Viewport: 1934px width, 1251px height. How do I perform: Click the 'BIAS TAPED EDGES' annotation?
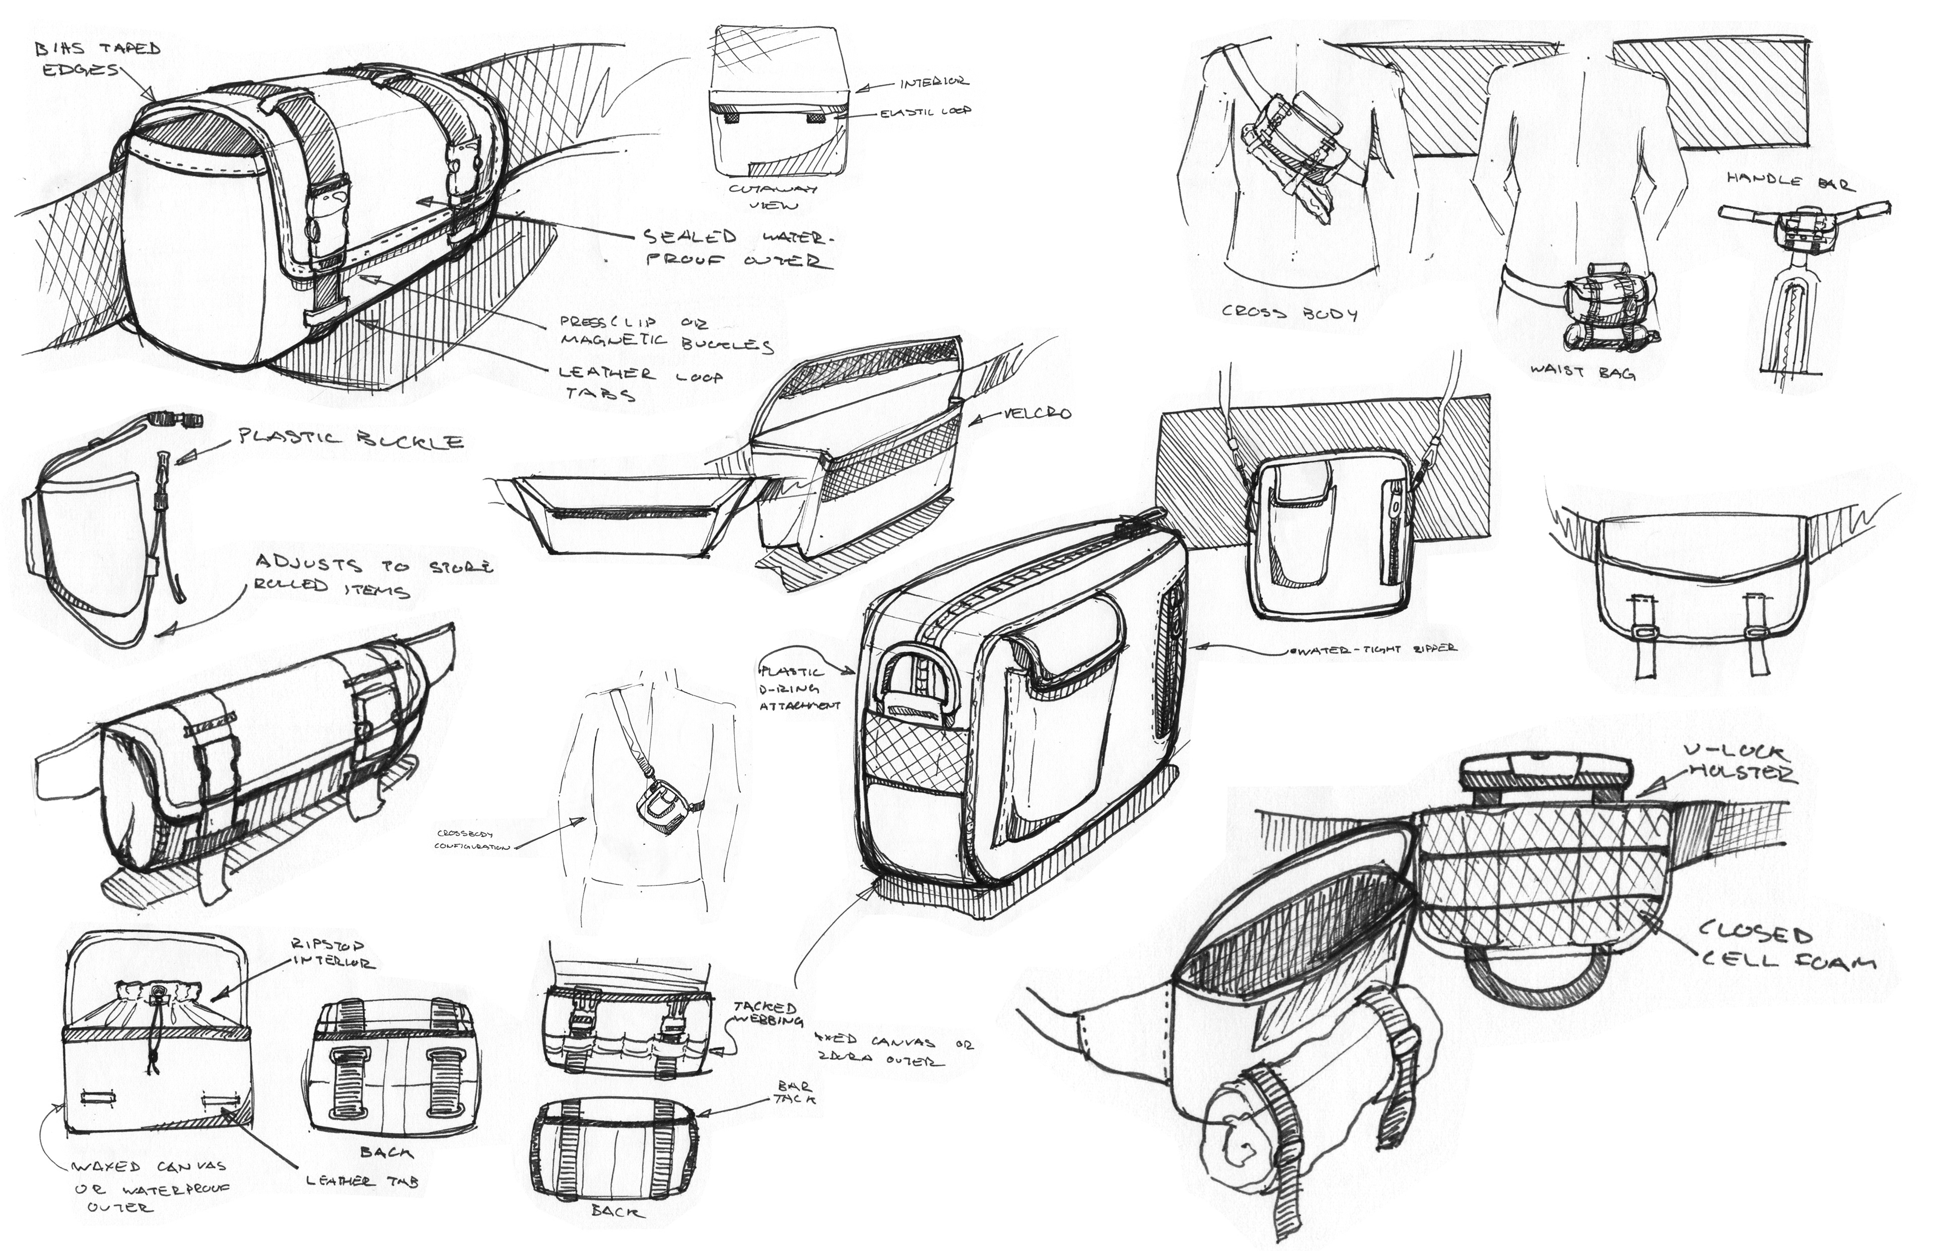[98, 58]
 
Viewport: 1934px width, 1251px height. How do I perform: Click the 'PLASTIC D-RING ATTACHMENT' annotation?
[798, 688]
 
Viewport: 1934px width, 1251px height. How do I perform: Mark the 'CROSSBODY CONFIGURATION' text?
[472, 840]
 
